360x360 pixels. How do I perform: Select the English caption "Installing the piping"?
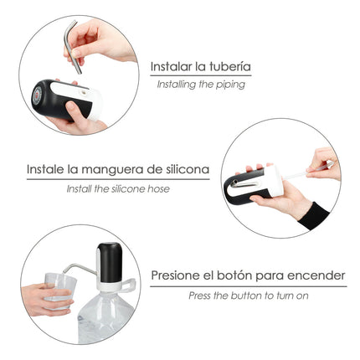tap(201, 84)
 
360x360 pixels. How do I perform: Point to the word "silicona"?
tap(183, 169)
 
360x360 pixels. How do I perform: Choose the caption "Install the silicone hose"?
tap(118, 188)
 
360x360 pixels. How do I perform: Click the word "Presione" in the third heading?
tap(177, 275)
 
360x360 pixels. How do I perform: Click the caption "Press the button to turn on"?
tap(248, 295)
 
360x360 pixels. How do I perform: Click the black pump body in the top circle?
tap(52, 100)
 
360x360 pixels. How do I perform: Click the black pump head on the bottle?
tap(109, 262)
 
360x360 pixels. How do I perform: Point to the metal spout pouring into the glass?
tap(77, 268)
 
